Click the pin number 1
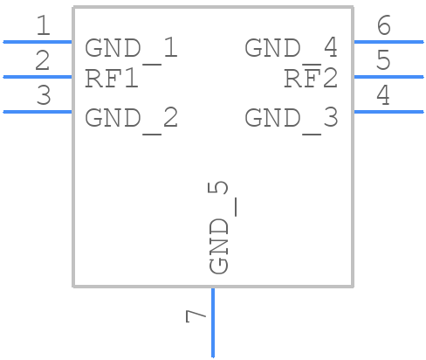(x=43, y=26)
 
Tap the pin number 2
(x=43, y=61)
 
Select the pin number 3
(x=43, y=96)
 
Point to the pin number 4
(x=382, y=96)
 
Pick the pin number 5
(x=382, y=61)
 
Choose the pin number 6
(x=382, y=26)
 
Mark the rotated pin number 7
(x=196, y=315)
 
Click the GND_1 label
(x=131, y=48)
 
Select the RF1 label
(x=112, y=79)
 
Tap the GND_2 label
(x=131, y=118)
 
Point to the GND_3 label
(x=291, y=118)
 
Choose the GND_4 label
(x=291, y=48)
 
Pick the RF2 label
(x=311, y=79)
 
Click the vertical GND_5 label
(x=220, y=227)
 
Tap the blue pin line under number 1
(x=38, y=41)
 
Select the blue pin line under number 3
(x=38, y=111)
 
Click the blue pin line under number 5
(x=388, y=76)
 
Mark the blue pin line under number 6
(x=388, y=41)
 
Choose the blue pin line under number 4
(x=388, y=111)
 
